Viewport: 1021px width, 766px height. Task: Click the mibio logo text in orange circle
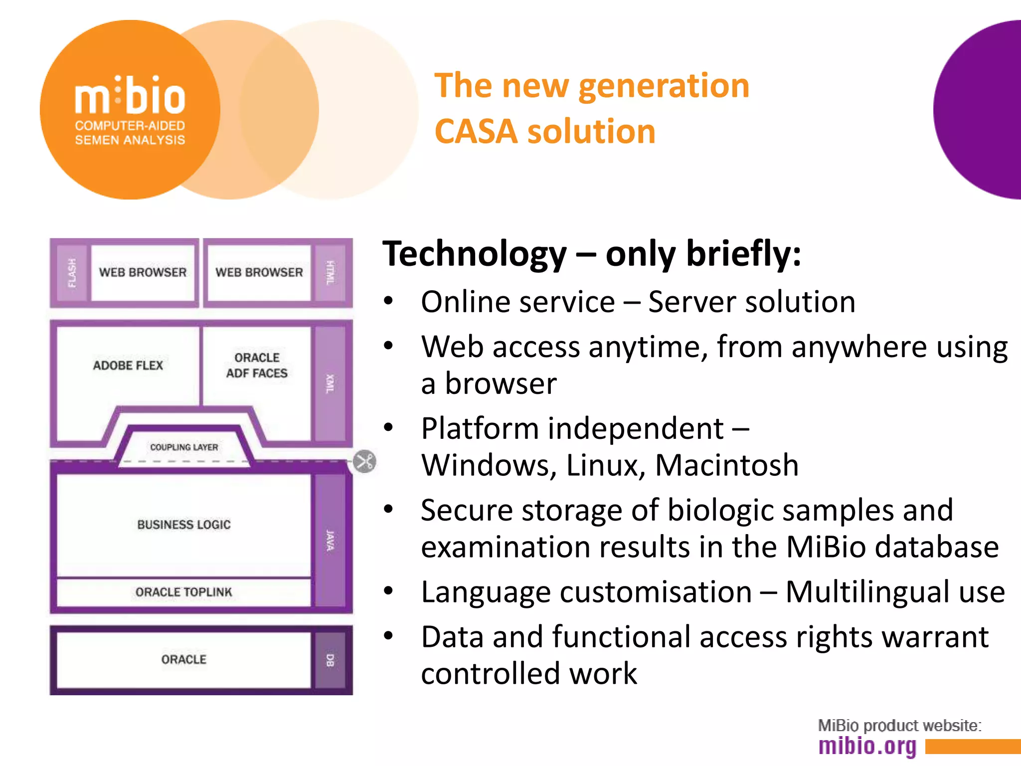click(130, 96)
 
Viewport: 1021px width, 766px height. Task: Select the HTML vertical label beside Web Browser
click(330, 273)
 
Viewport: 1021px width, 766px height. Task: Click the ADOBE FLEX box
click(128, 366)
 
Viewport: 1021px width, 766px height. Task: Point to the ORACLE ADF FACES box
click(257, 366)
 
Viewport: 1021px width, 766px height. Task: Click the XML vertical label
click(330, 383)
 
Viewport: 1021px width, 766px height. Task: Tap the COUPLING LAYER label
click(184, 447)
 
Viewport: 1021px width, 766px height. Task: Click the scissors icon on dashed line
click(365, 461)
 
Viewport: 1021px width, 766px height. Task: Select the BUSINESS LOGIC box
click(184, 525)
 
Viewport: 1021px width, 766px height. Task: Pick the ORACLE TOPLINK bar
click(184, 592)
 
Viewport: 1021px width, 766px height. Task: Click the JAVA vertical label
click(330, 541)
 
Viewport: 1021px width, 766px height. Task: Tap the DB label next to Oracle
click(330, 660)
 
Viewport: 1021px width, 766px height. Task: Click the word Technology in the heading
click(474, 254)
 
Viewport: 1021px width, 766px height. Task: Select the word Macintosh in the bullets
click(726, 465)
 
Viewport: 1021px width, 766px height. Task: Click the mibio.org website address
click(867, 746)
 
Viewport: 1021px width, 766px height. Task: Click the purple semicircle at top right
click(982, 110)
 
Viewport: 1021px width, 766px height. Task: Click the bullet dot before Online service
click(389, 301)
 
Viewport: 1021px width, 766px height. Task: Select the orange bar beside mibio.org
click(972, 747)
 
